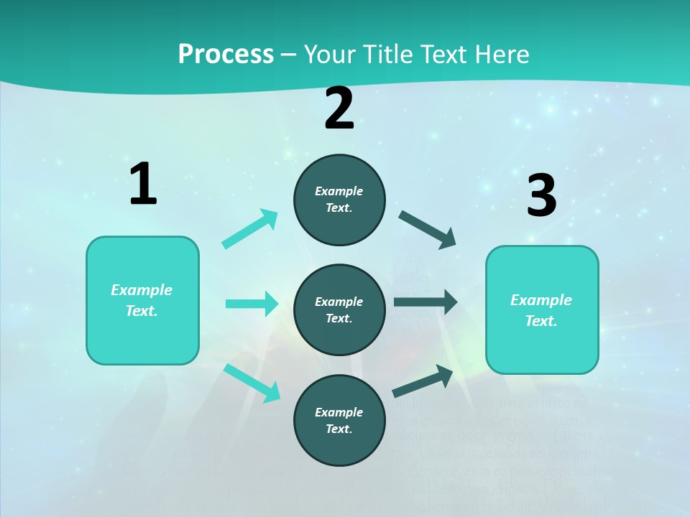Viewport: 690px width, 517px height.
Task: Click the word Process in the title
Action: click(x=226, y=55)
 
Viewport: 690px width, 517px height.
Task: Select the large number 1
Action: click(x=143, y=185)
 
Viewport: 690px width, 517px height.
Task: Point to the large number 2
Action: click(x=339, y=109)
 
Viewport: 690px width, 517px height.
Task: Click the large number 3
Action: click(x=541, y=196)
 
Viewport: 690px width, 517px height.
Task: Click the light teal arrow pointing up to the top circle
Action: click(x=250, y=229)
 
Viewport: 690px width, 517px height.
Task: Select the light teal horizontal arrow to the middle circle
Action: click(x=252, y=304)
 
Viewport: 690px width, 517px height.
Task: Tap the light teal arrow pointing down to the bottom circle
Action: click(x=252, y=383)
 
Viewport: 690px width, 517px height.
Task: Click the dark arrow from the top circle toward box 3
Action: click(x=428, y=230)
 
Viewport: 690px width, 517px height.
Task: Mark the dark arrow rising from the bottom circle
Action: click(x=423, y=381)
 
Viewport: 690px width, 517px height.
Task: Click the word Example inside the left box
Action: click(x=142, y=290)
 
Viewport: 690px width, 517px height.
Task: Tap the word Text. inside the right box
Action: click(x=541, y=321)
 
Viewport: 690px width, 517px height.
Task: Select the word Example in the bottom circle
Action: click(x=339, y=412)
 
